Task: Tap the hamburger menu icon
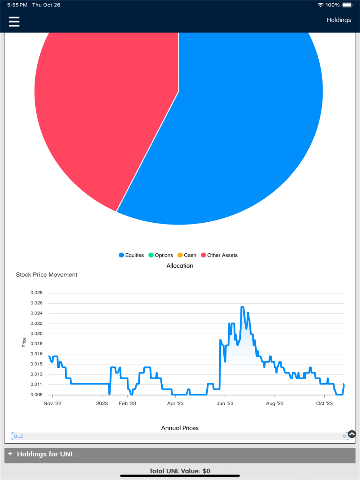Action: [x=14, y=22]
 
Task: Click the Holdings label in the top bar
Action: [x=338, y=20]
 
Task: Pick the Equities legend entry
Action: [x=131, y=255]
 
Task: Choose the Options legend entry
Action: [x=161, y=255]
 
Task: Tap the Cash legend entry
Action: [x=187, y=255]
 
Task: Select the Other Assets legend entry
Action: [x=219, y=255]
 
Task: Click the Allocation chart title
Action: [x=180, y=266]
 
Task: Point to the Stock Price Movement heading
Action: [x=46, y=275]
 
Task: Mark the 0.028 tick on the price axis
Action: [x=36, y=293]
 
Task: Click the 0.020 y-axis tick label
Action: [x=36, y=334]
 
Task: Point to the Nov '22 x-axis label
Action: [x=52, y=403]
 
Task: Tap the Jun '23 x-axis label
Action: [x=225, y=403]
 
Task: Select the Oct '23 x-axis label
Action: [x=324, y=403]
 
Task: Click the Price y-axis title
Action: [x=24, y=342]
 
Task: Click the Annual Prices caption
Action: [x=180, y=428]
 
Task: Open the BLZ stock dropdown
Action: [x=180, y=436]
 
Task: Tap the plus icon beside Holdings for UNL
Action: [x=10, y=454]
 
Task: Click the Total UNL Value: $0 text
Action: [x=180, y=471]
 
